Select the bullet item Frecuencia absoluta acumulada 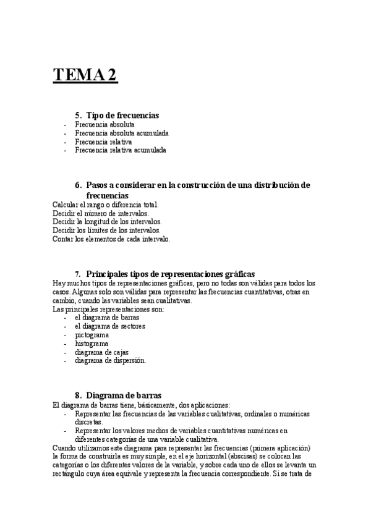(x=122, y=133)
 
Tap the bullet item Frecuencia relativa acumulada (x=121, y=150)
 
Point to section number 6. (x=78, y=185)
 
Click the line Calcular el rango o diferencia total (x=106, y=205)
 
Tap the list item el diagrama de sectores (x=110, y=326)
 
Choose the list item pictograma (x=92, y=335)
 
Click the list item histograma (x=92, y=344)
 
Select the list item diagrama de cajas (x=101, y=352)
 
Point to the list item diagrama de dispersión (x=111, y=361)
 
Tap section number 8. (x=78, y=395)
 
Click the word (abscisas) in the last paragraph (x=250, y=456)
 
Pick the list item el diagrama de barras (x=103, y=318)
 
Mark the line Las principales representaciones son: (x=108, y=309)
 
